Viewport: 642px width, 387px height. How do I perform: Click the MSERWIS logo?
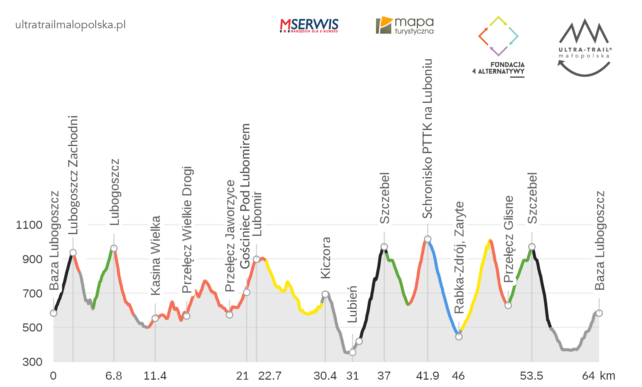(x=309, y=26)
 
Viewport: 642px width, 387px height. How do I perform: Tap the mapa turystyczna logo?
(x=405, y=25)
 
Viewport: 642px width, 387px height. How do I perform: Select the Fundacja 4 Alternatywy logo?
(x=499, y=47)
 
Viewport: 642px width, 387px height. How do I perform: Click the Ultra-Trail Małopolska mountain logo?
(x=584, y=47)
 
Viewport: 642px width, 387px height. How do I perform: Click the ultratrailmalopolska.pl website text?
(x=71, y=25)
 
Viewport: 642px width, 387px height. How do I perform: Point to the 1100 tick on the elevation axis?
(x=29, y=225)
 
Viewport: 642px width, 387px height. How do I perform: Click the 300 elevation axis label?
(x=32, y=362)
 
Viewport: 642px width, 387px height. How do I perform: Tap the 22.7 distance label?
(x=270, y=376)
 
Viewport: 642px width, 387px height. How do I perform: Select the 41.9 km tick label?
(x=427, y=376)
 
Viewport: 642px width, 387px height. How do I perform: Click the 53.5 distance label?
(x=531, y=376)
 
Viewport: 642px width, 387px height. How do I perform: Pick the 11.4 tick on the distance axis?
(x=155, y=376)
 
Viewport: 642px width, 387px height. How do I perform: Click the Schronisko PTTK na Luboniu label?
(x=428, y=139)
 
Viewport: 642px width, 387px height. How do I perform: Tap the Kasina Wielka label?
(x=156, y=255)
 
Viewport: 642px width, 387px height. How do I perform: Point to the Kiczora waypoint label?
(x=326, y=258)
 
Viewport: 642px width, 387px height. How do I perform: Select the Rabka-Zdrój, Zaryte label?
(x=459, y=257)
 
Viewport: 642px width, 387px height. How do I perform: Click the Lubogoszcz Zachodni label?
(x=74, y=175)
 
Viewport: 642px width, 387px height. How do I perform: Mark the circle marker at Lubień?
(x=352, y=352)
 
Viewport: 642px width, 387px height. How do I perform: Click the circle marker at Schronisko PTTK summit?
(x=428, y=239)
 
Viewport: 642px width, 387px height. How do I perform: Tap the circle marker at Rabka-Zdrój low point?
(x=459, y=337)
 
